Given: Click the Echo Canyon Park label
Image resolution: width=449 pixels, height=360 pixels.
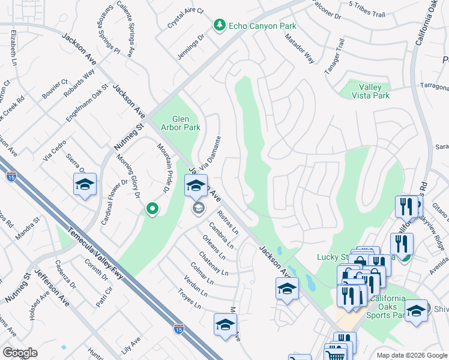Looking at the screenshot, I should click(255, 25).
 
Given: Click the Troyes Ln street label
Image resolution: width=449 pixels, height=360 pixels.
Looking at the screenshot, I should click(189, 298).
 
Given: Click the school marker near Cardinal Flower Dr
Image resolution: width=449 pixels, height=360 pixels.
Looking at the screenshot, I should click(85, 185).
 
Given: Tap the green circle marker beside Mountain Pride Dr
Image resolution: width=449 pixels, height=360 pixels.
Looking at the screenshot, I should click(152, 209).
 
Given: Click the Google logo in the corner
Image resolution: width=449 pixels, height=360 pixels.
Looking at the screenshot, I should click(20, 353).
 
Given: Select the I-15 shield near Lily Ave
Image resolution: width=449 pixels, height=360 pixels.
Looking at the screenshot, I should click(178, 328).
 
